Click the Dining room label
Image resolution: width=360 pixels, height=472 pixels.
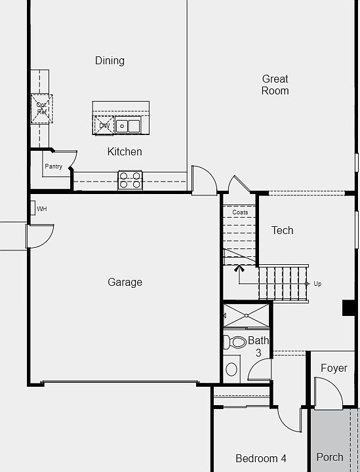(110, 61)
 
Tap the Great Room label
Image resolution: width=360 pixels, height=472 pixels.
(275, 85)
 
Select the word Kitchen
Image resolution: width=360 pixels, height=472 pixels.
(125, 151)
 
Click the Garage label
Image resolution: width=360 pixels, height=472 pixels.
(125, 282)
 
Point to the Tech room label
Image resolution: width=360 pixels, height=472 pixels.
(282, 230)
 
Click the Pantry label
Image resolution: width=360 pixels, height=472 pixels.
(54, 167)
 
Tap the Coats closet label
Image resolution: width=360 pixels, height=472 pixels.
(240, 212)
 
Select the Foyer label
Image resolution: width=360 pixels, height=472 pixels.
(333, 368)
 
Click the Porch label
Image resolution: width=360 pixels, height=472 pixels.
(330, 457)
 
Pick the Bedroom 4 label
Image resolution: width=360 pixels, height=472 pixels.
(261, 458)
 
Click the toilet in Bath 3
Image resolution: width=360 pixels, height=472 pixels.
(234, 342)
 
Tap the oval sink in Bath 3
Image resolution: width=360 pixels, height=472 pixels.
(231, 369)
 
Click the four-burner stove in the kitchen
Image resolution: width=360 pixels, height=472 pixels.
(130, 180)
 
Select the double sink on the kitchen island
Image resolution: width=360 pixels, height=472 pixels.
(128, 125)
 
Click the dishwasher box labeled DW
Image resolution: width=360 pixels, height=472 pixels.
(104, 125)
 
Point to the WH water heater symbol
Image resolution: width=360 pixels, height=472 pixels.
(32, 208)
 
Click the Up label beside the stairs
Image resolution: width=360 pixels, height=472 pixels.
(317, 284)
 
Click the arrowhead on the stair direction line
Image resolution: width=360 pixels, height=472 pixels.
(239, 267)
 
